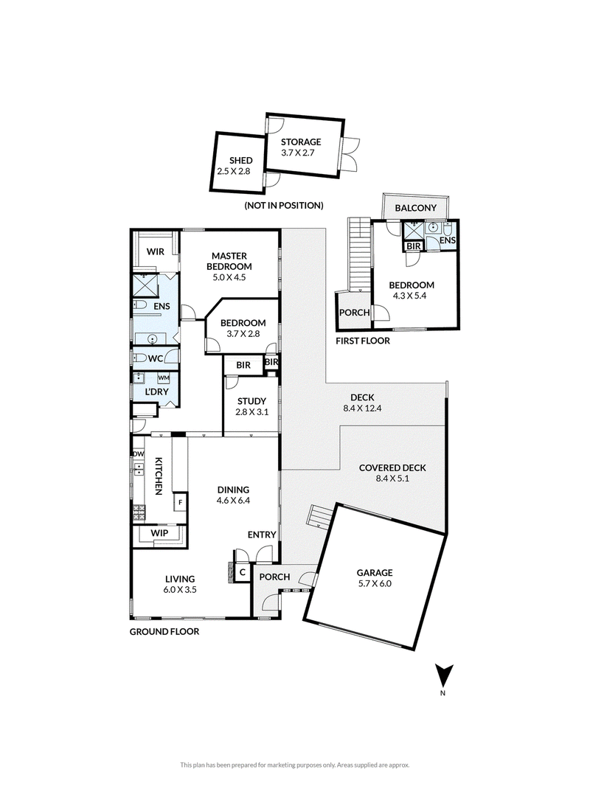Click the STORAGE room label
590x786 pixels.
click(x=301, y=142)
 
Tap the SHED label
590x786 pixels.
click(x=240, y=161)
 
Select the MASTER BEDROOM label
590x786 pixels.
click(x=229, y=261)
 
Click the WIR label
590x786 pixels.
click(x=156, y=251)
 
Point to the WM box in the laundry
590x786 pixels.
click(x=164, y=378)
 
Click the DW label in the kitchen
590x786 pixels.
click(x=139, y=454)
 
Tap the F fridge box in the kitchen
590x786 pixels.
click(x=181, y=502)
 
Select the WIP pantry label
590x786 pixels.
click(x=159, y=533)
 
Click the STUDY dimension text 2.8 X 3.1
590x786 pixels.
click(x=251, y=412)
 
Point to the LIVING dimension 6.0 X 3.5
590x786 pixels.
click(x=180, y=590)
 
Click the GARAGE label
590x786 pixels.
click(x=375, y=572)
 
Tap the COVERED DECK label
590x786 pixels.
click(x=392, y=467)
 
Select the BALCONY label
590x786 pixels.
click(x=415, y=207)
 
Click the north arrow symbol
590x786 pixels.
click(x=444, y=674)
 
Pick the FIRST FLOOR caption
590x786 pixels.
click(x=362, y=341)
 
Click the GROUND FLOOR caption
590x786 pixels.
click(x=164, y=632)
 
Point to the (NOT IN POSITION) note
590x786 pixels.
click(x=284, y=205)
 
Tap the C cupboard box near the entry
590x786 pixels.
click(x=242, y=572)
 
